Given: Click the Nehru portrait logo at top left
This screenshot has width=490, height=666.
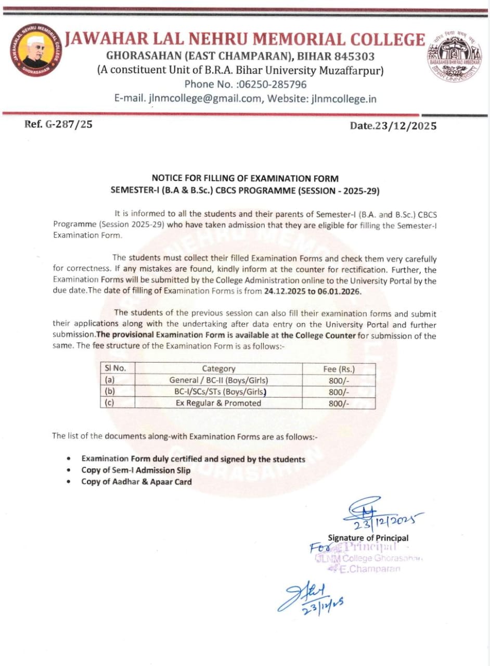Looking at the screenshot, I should click(x=35, y=59).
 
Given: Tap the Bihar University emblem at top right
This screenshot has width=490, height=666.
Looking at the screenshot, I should click(x=455, y=58).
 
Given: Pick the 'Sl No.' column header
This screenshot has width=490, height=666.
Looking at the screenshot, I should click(x=116, y=368).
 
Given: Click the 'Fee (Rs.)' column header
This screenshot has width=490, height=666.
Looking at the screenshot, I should click(x=339, y=369).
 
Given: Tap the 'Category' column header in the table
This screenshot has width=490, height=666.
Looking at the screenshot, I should click(x=218, y=369).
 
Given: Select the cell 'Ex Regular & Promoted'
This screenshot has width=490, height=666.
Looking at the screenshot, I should click(x=218, y=403).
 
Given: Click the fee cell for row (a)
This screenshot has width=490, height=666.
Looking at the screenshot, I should click(x=339, y=380).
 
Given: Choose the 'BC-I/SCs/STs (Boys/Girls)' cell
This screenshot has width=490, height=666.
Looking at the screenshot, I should click(x=218, y=392).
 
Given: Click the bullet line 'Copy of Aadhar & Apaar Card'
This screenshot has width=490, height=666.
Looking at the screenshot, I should click(x=136, y=482).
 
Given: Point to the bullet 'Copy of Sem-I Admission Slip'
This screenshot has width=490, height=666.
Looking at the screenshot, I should click(x=136, y=470).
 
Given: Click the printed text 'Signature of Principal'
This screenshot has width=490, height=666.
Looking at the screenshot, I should click(x=368, y=538).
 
